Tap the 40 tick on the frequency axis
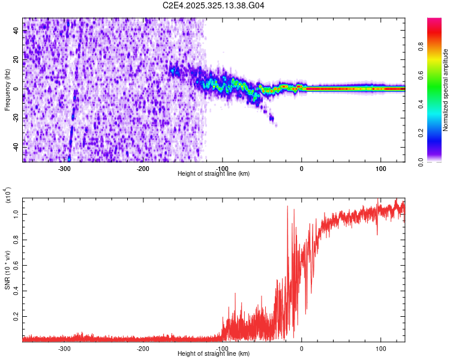tap(17, 31)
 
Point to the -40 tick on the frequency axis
tap(16, 146)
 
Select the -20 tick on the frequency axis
tap(16, 118)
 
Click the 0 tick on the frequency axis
tap(17, 89)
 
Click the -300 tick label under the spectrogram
tap(64, 169)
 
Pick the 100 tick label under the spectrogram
tap(380, 169)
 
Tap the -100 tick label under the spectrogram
tap(223, 169)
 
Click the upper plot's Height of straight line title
tap(214, 174)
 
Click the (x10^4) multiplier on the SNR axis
tap(8, 194)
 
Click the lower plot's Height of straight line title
tap(214, 354)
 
